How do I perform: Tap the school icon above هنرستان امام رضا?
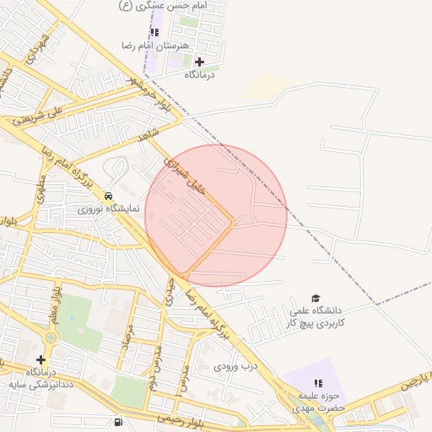point(154,32)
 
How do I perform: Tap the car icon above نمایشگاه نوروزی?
point(108,195)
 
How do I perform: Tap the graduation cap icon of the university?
point(316,298)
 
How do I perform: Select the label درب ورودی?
point(234,366)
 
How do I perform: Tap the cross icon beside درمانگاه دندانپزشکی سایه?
point(40,359)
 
